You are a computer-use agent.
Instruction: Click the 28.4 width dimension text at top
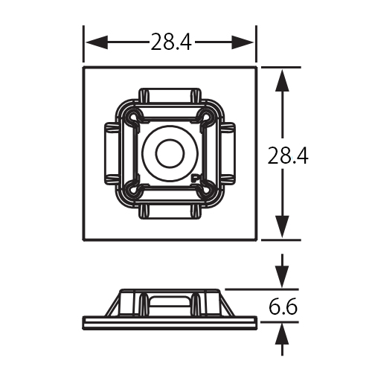pos(171,42)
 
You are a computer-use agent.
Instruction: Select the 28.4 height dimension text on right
pos(289,155)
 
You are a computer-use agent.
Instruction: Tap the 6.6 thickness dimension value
pos(283,306)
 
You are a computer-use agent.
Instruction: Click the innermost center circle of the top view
pos(170,154)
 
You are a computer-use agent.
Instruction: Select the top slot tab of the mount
pos(170,97)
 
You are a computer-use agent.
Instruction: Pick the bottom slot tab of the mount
pos(170,211)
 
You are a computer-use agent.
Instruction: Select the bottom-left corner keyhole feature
pos(134,189)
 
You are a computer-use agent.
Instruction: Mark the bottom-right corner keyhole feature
pos(205,189)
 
